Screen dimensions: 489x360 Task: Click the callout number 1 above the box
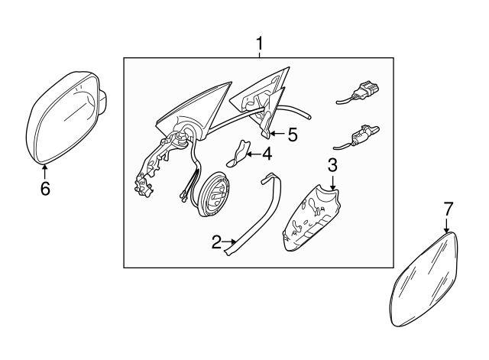pos(259,44)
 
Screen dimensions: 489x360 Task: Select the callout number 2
pos(216,242)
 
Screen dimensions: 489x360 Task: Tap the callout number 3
pos(333,165)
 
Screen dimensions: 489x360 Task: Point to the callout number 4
pos(267,154)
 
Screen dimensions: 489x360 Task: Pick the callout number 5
pos(293,135)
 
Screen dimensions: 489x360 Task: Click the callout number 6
pos(45,189)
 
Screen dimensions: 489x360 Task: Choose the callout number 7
pos(448,209)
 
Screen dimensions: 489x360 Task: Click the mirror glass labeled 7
pos(424,280)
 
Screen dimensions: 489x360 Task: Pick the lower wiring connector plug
pos(356,138)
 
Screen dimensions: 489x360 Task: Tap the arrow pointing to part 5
pos(277,134)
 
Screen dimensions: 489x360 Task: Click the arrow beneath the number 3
pos(333,182)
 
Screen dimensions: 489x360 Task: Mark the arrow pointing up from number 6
pos(45,171)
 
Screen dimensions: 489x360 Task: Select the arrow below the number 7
pos(446,225)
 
